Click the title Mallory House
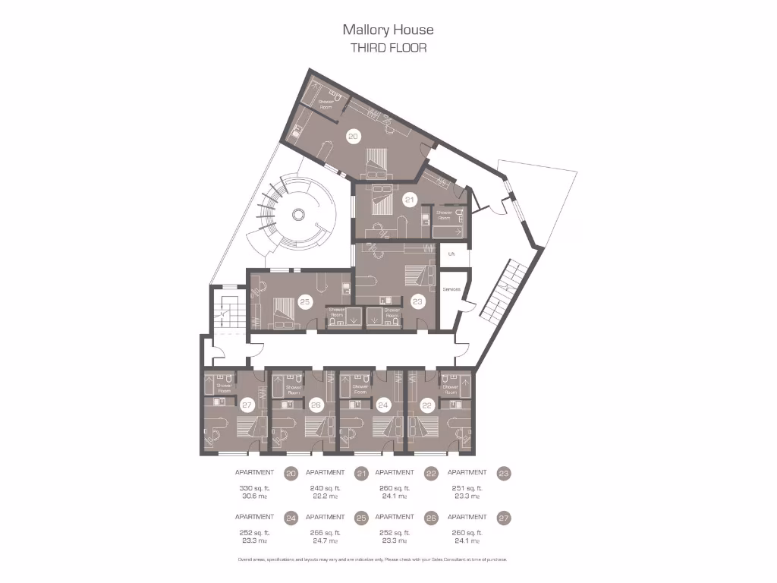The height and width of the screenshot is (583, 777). point(388,30)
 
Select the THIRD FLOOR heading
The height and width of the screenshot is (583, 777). point(388,48)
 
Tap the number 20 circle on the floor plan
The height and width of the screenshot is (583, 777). point(353,137)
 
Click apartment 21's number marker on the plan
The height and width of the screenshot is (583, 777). point(410,200)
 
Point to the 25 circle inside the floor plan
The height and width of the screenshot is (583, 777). point(305,301)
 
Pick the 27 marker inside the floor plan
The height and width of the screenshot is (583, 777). point(246,405)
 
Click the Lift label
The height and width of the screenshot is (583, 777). point(451,254)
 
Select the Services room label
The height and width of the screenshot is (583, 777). point(451,289)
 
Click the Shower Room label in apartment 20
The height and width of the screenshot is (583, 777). point(325,104)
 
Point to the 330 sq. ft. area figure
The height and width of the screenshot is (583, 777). point(254,488)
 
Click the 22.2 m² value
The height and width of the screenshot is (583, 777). point(326,496)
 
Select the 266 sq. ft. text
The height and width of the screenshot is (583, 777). point(326,532)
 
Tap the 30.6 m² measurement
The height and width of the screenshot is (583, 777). point(254,496)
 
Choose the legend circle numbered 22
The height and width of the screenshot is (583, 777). point(431,474)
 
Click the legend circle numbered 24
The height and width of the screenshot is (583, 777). point(291,518)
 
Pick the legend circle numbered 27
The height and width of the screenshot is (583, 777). point(504,518)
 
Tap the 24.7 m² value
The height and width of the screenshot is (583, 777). point(326,540)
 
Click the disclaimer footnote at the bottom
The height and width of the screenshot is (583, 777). point(372,559)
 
